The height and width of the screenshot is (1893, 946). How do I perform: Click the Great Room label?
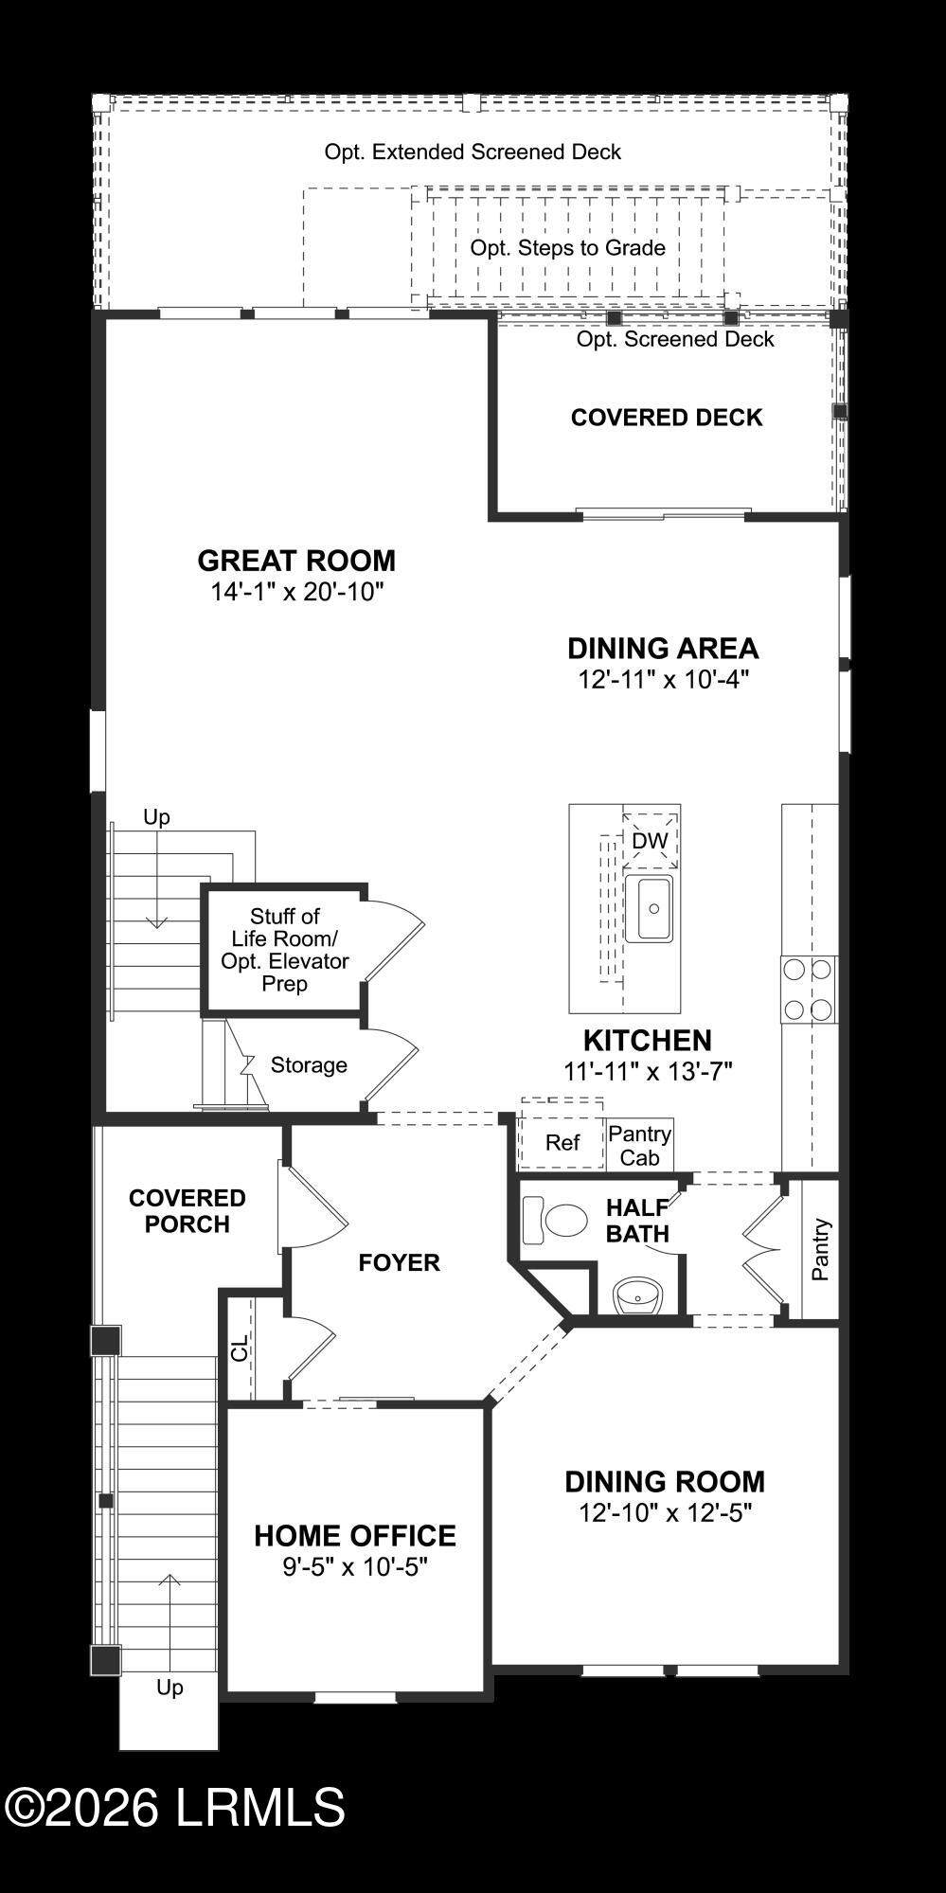click(296, 561)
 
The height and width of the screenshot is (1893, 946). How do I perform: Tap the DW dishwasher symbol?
click(650, 841)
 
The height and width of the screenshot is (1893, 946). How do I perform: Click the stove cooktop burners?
click(809, 990)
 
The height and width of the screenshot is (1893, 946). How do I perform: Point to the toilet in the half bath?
click(556, 1221)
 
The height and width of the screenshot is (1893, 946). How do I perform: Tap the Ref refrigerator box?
click(562, 1142)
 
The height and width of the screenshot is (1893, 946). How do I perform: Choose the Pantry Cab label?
click(640, 1146)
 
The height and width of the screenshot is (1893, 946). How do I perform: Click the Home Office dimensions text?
click(355, 1567)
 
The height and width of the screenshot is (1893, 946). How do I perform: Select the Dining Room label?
click(665, 1482)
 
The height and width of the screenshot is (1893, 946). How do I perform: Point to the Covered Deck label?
click(667, 418)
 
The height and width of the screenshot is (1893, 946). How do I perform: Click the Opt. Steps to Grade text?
click(568, 248)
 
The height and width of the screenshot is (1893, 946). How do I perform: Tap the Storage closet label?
click(309, 1065)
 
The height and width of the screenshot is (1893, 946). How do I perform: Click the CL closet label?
click(240, 1348)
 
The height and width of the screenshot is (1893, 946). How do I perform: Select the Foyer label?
click(399, 1262)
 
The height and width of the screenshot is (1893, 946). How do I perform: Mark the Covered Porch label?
click(187, 1211)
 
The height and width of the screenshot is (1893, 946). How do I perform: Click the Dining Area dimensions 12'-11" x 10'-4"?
click(664, 680)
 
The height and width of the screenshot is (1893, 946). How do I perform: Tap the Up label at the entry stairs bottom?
click(170, 1688)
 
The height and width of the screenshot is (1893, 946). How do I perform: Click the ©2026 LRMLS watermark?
click(175, 1807)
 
